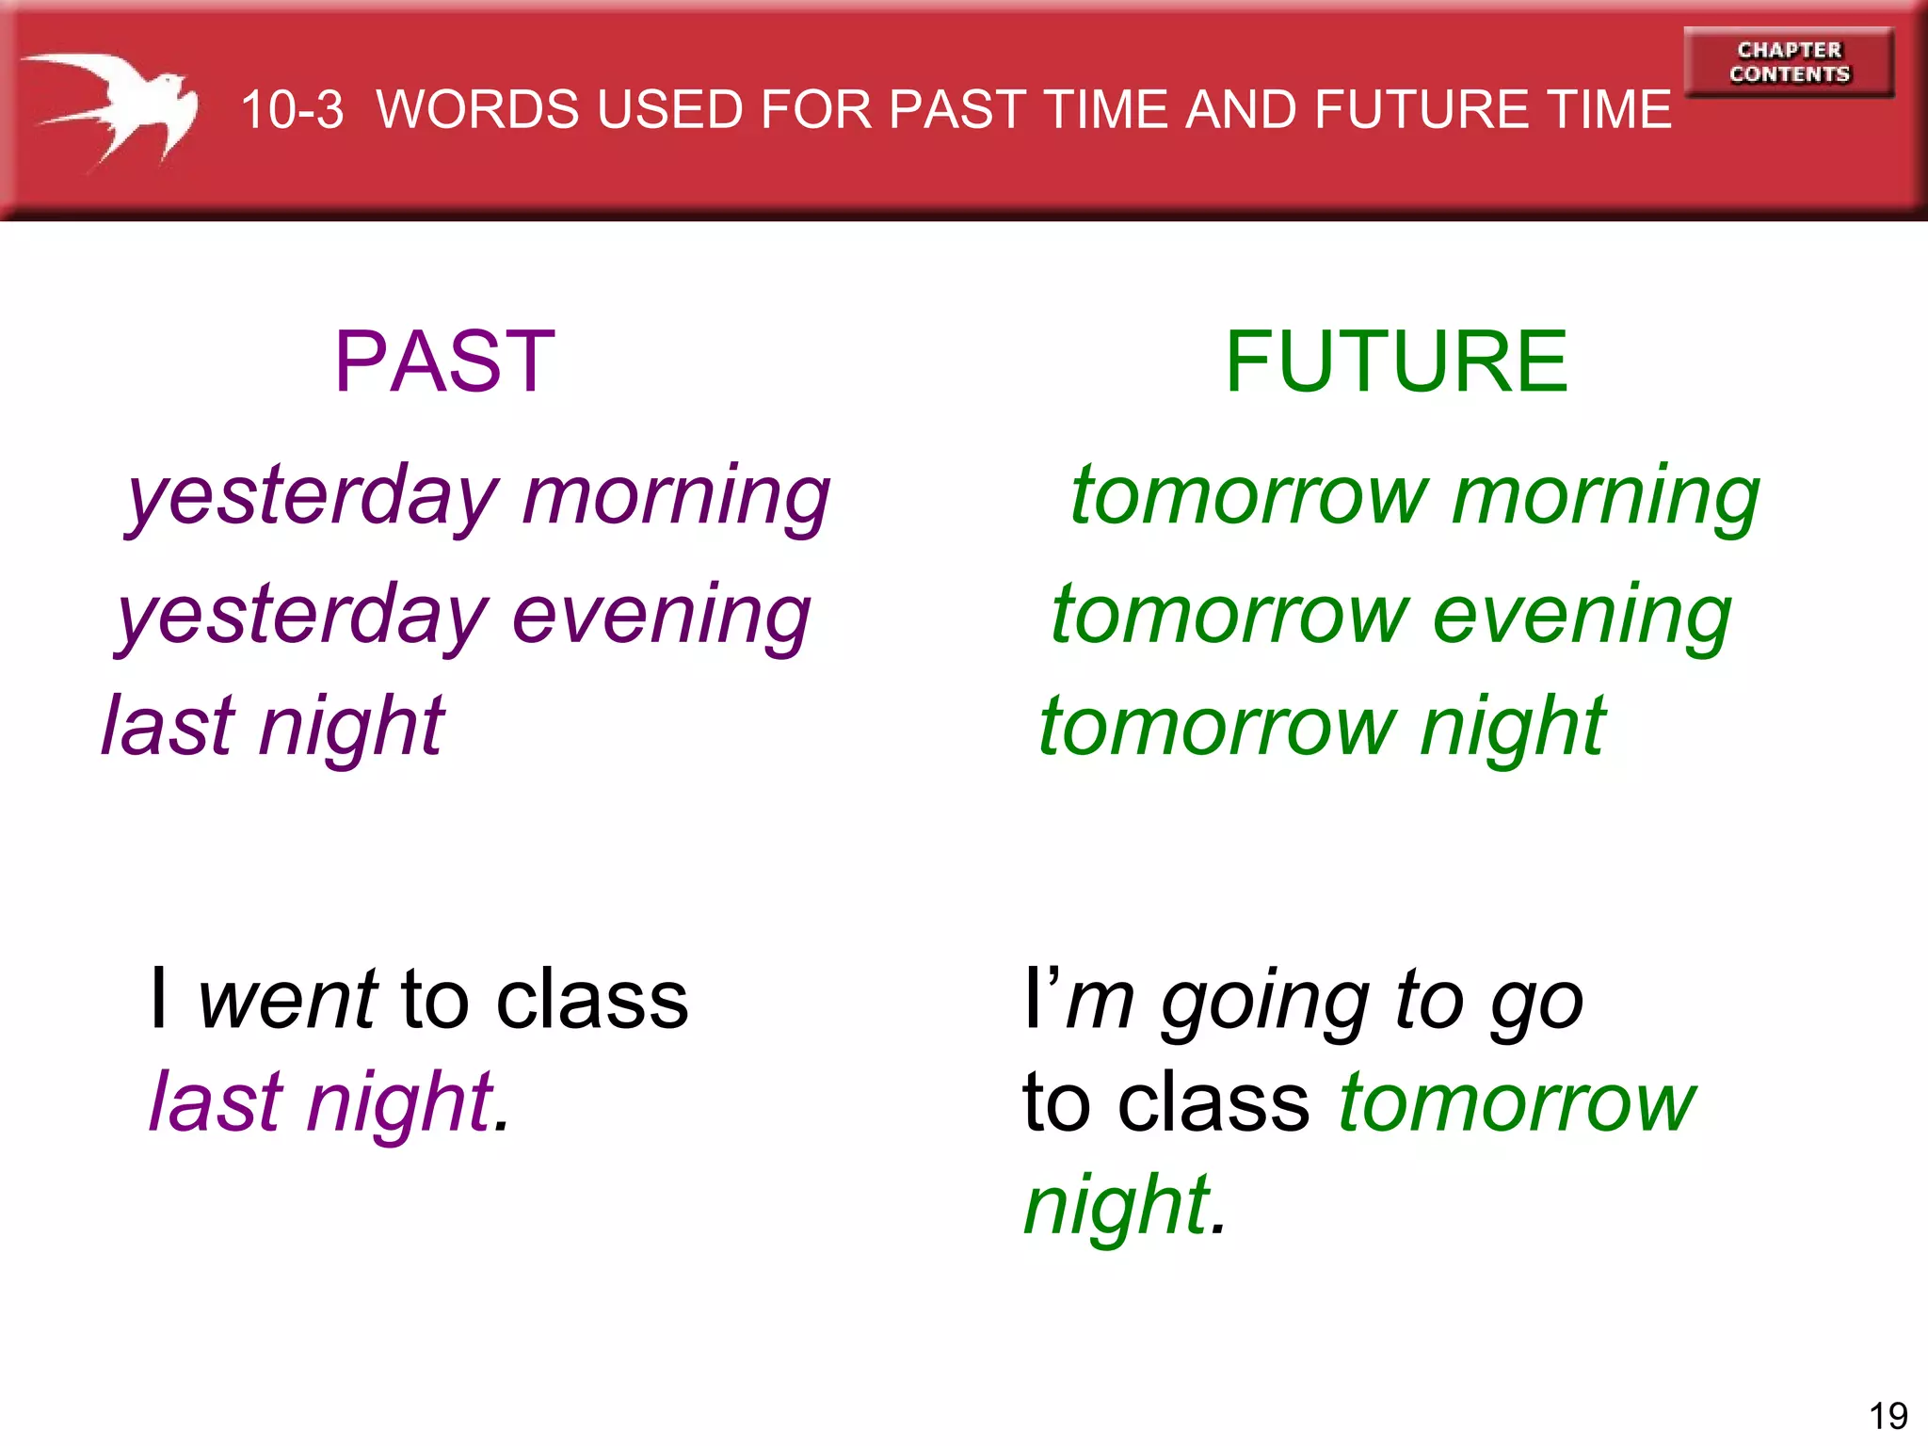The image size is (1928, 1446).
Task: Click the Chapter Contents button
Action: (x=1789, y=62)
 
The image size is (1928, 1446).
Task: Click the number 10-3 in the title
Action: (x=292, y=110)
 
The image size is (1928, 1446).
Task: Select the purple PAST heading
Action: (x=444, y=361)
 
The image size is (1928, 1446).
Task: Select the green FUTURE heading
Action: (x=1396, y=361)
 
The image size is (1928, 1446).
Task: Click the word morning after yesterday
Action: (x=676, y=496)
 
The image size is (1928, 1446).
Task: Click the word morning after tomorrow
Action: (x=1605, y=496)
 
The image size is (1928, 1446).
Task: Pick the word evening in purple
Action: (x=661, y=615)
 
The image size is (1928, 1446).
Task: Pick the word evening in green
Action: (x=1582, y=615)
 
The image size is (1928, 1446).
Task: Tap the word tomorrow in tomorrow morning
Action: (x=1249, y=496)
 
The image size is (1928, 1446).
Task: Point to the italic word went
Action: (x=287, y=1000)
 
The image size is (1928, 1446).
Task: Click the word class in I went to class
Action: (x=592, y=1000)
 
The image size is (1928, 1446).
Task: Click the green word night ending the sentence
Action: (x=1117, y=1206)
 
